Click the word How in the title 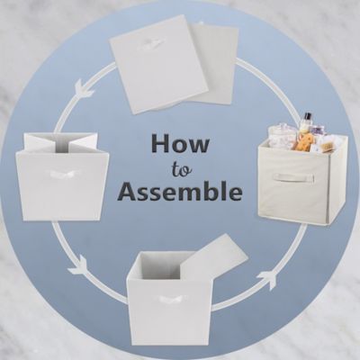[x=179, y=143]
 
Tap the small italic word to [x=180, y=167]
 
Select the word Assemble [x=180, y=191]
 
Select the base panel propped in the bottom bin [x=212, y=264]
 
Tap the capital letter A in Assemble [x=129, y=191]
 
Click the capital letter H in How [x=159, y=143]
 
